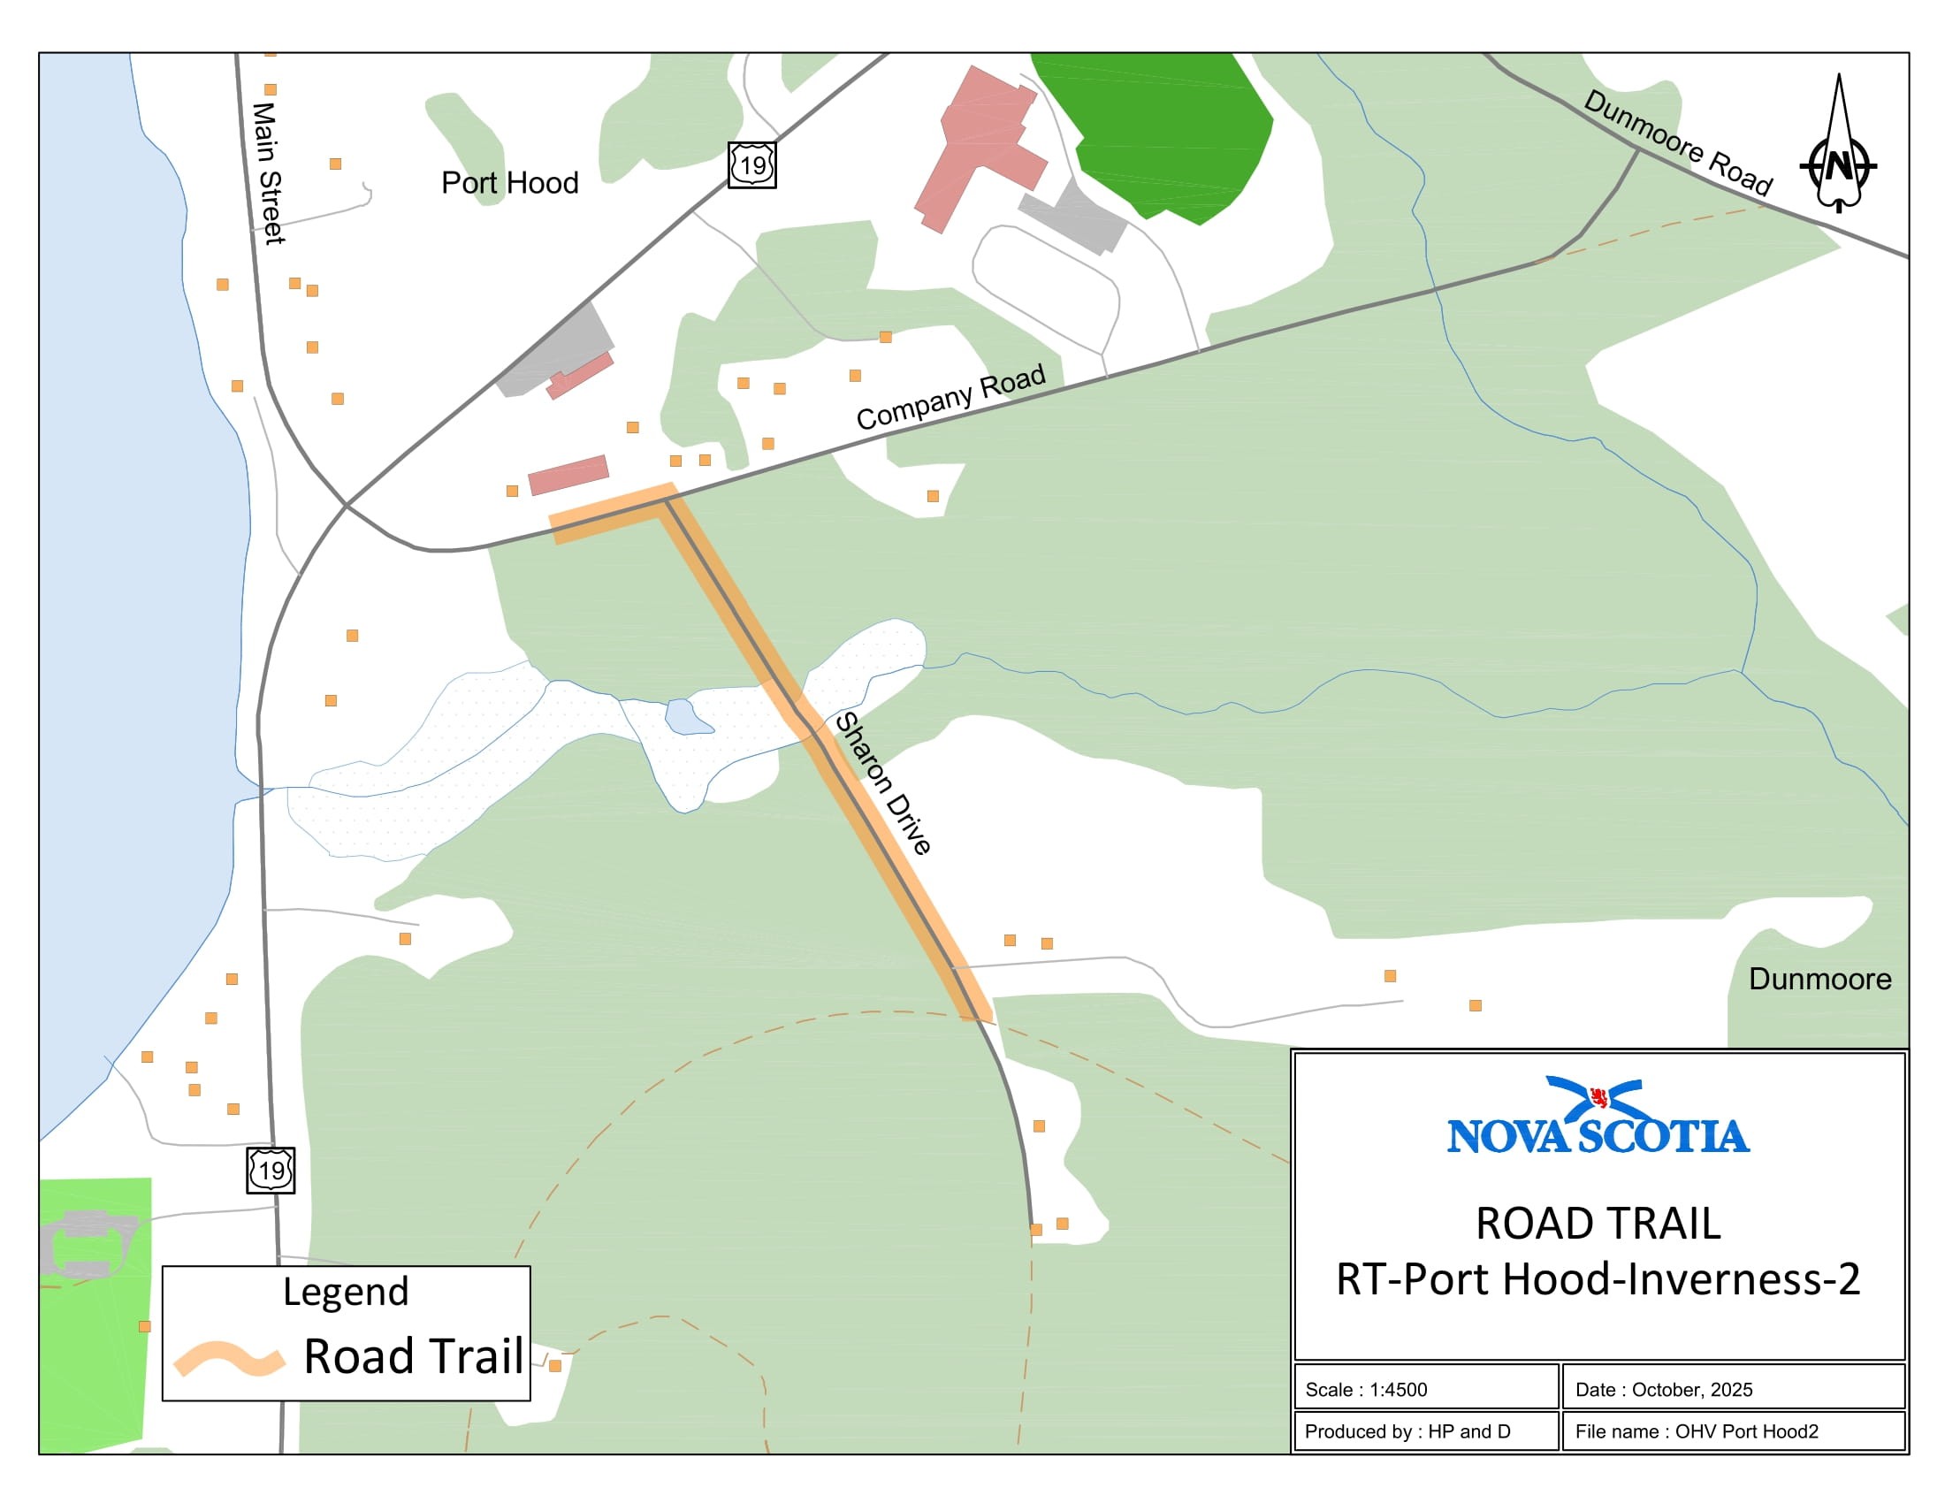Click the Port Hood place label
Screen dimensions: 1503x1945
(x=509, y=183)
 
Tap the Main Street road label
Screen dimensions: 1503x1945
(x=267, y=172)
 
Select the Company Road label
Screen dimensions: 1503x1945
(x=950, y=397)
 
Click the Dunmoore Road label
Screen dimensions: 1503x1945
(x=1678, y=142)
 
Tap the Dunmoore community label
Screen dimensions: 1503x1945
(x=1819, y=980)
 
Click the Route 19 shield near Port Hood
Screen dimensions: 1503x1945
(x=751, y=164)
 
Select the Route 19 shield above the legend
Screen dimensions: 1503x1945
(x=271, y=1169)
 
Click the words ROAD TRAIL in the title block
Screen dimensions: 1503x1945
(x=1598, y=1224)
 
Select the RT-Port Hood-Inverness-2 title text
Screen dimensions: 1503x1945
(x=1598, y=1279)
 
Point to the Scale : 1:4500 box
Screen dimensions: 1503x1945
(x=1425, y=1389)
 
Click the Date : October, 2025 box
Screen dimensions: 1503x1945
(x=1732, y=1389)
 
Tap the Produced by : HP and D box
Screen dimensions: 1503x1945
(x=1425, y=1431)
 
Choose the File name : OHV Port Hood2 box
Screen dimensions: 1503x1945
(x=1732, y=1431)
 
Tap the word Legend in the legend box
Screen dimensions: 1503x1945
(x=346, y=1292)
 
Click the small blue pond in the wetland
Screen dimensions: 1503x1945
(x=686, y=717)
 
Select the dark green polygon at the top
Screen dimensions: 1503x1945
(x=1167, y=134)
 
